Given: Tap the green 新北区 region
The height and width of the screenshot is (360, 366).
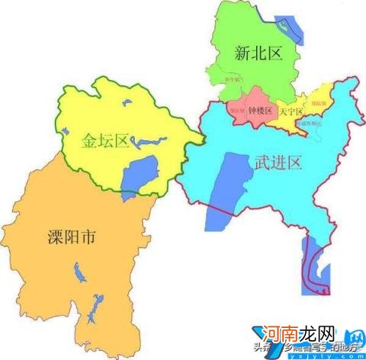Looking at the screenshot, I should [252, 76].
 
